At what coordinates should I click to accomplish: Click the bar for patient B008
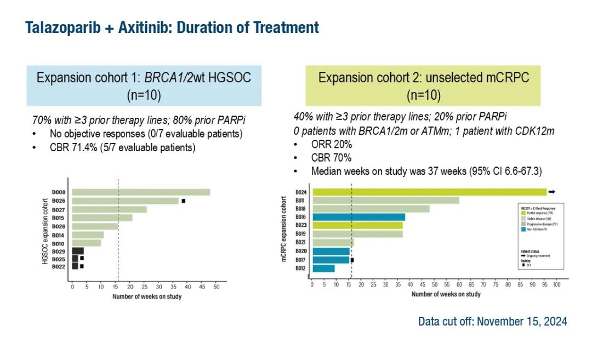141,192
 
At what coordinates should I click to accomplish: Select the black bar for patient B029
78,250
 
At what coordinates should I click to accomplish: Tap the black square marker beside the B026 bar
184,201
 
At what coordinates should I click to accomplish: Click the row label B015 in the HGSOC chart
59,218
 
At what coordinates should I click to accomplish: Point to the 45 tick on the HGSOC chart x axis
202,287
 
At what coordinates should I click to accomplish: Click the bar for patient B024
429,192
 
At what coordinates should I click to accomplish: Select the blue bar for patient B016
358,217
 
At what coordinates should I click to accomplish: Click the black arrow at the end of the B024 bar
552,192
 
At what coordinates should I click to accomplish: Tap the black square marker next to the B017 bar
352,260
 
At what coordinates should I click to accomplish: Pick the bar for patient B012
323,268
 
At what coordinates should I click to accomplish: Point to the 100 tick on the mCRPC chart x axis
556,284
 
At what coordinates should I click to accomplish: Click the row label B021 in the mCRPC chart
300,243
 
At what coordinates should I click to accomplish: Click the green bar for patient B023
357,225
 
